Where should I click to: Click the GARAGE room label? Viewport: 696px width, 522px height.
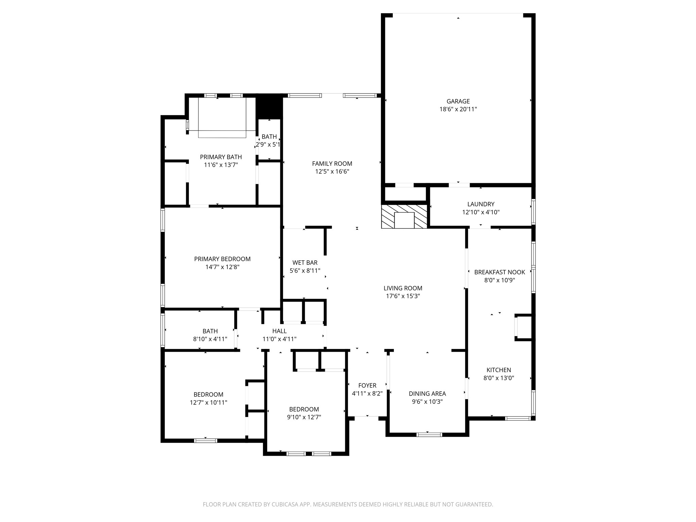(458, 101)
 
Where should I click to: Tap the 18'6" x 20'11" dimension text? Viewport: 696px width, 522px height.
(458, 109)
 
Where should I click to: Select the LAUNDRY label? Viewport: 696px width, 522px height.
(481, 204)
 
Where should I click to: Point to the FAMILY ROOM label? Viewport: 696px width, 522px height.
(332, 164)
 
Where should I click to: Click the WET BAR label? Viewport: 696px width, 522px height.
(305, 263)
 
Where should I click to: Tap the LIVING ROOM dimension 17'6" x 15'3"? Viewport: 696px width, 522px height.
(403, 296)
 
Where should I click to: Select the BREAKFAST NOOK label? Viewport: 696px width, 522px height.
(499, 272)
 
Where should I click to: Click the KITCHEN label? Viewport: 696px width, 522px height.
(499, 370)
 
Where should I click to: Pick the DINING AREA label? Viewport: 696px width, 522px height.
(427, 394)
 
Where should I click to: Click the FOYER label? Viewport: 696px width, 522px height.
(367, 385)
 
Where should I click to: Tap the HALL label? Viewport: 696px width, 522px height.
(279, 331)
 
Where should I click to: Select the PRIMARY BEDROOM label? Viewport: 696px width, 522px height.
(222, 259)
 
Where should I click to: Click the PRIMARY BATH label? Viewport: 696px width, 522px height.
(221, 157)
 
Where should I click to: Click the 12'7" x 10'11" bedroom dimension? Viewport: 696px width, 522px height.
(208, 403)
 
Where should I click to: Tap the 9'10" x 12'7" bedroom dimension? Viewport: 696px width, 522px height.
(304, 417)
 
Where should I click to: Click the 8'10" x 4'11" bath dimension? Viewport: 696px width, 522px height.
(210, 339)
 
